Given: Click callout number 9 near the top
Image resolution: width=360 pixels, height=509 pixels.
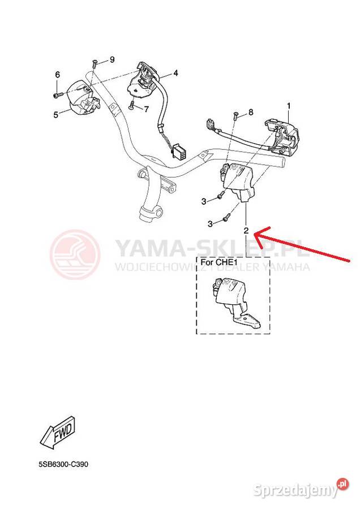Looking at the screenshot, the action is click(112, 60).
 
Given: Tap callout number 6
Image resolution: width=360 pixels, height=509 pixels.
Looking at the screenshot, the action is click(58, 75).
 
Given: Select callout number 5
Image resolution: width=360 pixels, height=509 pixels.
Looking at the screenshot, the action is click(56, 115).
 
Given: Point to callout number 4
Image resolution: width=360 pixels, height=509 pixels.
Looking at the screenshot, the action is click(175, 73).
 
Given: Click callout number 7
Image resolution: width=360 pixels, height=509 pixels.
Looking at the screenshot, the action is click(147, 109).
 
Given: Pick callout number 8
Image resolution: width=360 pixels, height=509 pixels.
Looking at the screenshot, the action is click(251, 112).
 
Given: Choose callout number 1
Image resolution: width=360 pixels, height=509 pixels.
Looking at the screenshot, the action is click(289, 106).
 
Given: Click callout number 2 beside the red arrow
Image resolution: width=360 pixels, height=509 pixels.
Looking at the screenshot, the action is click(246, 231).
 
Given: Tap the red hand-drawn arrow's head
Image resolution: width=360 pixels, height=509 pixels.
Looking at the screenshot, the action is click(258, 234).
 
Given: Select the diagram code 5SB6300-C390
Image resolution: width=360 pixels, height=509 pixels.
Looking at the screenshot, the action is click(63, 464).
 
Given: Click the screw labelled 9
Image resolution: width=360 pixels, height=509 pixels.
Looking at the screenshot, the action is click(93, 63).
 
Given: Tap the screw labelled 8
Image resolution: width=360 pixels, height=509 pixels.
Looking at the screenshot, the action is click(235, 115).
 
